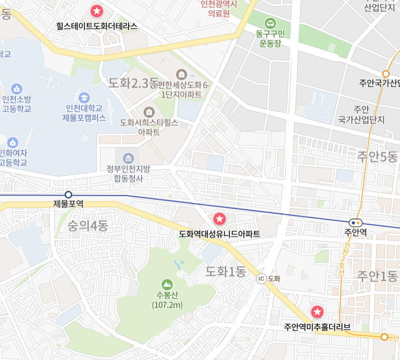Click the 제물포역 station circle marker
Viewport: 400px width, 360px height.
pyautogui.click(x=69, y=194)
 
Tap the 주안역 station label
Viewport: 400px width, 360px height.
pyautogui.click(x=355, y=233)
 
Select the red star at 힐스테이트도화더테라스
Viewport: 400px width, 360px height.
pyautogui.click(x=97, y=10)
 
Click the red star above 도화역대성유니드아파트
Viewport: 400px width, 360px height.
pyautogui.click(x=219, y=218)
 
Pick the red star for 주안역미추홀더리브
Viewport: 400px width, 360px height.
pyautogui.click(x=317, y=311)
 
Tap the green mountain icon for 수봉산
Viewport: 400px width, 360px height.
pyautogui.click(x=167, y=284)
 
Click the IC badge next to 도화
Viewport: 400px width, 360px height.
pyautogui.click(x=262, y=278)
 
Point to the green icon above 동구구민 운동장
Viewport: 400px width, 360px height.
pyautogui.click(x=270, y=22)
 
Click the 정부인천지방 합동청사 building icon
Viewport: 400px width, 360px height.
pyautogui.click(x=128, y=158)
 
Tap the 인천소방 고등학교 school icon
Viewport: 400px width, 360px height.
pyautogui.click(x=17, y=88)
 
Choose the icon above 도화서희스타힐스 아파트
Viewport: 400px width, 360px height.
pyautogui.click(x=149, y=112)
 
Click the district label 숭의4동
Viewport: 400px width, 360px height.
pyautogui.click(x=88, y=226)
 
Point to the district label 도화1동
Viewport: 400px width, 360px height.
pyautogui.click(x=226, y=271)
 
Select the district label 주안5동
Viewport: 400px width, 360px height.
pyautogui.click(x=377, y=156)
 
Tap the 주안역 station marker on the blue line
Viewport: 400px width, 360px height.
pyautogui.click(x=355, y=223)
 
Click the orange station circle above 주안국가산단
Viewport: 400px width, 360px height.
pyautogui.click(x=386, y=74)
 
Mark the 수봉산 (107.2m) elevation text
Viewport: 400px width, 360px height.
pyautogui.click(x=167, y=300)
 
